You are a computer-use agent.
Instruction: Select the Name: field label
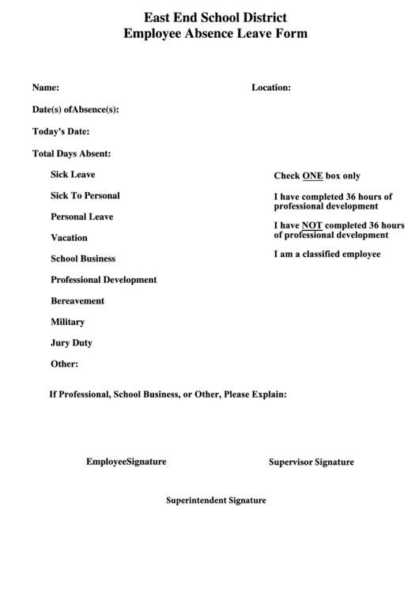click(45, 88)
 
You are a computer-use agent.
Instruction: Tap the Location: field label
click(271, 88)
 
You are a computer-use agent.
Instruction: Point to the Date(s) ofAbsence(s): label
click(75, 110)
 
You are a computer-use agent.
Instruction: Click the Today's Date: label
click(60, 131)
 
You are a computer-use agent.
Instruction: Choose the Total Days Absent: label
click(71, 153)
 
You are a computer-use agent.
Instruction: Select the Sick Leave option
click(73, 174)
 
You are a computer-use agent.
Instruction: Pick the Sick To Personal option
click(85, 195)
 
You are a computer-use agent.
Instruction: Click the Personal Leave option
click(81, 217)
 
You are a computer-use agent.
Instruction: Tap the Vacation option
click(69, 238)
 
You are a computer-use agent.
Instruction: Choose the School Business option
click(83, 258)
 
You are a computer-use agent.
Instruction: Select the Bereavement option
click(77, 301)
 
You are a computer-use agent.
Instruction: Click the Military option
click(67, 322)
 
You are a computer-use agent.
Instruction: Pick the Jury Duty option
click(71, 343)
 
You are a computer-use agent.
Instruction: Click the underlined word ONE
click(312, 176)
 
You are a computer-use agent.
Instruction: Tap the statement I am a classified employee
click(327, 255)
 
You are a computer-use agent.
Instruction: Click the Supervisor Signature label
click(311, 462)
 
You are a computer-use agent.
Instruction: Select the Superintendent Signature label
click(216, 500)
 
